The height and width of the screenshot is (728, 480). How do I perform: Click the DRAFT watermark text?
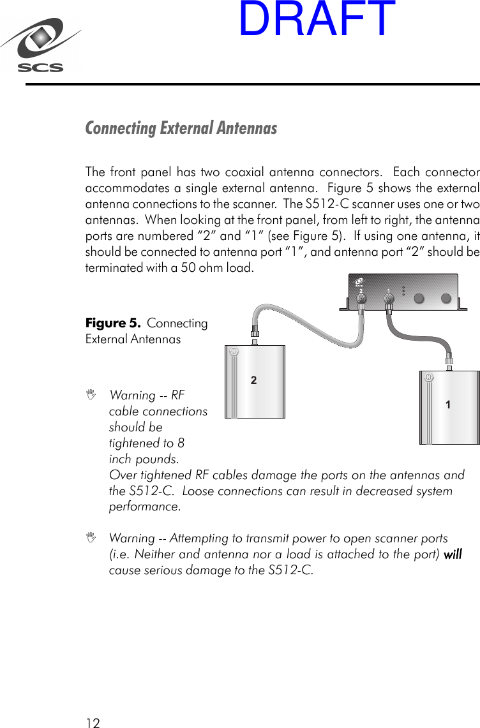click(x=317, y=19)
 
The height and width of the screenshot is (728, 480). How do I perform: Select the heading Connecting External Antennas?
click(x=181, y=128)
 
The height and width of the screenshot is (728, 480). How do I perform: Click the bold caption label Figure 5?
click(x=113, y=323)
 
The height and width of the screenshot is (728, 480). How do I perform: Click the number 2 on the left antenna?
click(x=253, y=380)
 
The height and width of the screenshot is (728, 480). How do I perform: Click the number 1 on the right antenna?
click(x=448, y=405)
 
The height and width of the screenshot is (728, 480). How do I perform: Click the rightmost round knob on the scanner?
click(x=447, y=298)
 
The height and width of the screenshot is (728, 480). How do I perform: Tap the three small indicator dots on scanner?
click(x=403, y=291)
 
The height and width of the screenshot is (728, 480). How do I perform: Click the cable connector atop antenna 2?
click(x=254, y=334)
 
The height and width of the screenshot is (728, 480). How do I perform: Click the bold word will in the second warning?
click(x=453, y=554)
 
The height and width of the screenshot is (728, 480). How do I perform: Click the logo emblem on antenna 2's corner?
click(x=234, y=352)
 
